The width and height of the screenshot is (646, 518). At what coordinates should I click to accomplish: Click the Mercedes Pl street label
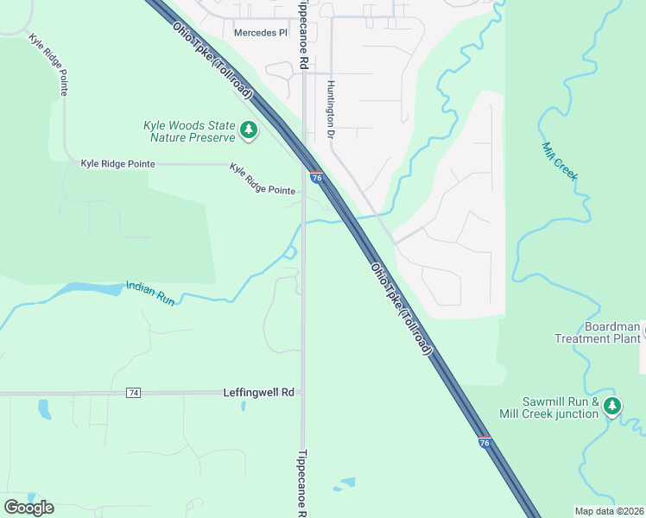260,33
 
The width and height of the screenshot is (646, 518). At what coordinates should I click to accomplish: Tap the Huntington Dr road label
330,110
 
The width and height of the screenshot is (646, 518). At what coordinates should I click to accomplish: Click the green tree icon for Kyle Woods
250,130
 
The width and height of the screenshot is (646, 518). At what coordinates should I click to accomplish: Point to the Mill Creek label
559,161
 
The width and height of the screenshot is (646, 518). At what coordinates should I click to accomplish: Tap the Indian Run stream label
151,293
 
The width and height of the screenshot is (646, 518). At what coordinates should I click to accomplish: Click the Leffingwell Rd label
259,392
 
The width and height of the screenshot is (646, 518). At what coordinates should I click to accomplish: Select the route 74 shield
133,393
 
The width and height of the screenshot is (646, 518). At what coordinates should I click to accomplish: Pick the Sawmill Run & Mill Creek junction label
560,407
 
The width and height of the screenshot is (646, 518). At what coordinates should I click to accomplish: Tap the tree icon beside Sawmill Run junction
612,406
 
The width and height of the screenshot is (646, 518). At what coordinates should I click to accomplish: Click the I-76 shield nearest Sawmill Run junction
484,441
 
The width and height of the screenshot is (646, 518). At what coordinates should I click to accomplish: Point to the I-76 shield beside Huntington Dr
317,177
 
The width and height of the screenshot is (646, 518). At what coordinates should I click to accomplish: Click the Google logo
28,508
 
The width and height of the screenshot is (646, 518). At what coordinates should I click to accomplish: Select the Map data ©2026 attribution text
609,511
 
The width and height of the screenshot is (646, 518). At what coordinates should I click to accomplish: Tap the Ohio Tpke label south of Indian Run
402,311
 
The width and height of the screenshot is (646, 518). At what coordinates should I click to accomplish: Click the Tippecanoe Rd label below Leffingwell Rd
301,482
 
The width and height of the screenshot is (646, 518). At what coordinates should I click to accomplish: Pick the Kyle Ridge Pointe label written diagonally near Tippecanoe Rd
263,179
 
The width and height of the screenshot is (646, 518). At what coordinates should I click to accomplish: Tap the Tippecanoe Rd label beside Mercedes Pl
302,35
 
